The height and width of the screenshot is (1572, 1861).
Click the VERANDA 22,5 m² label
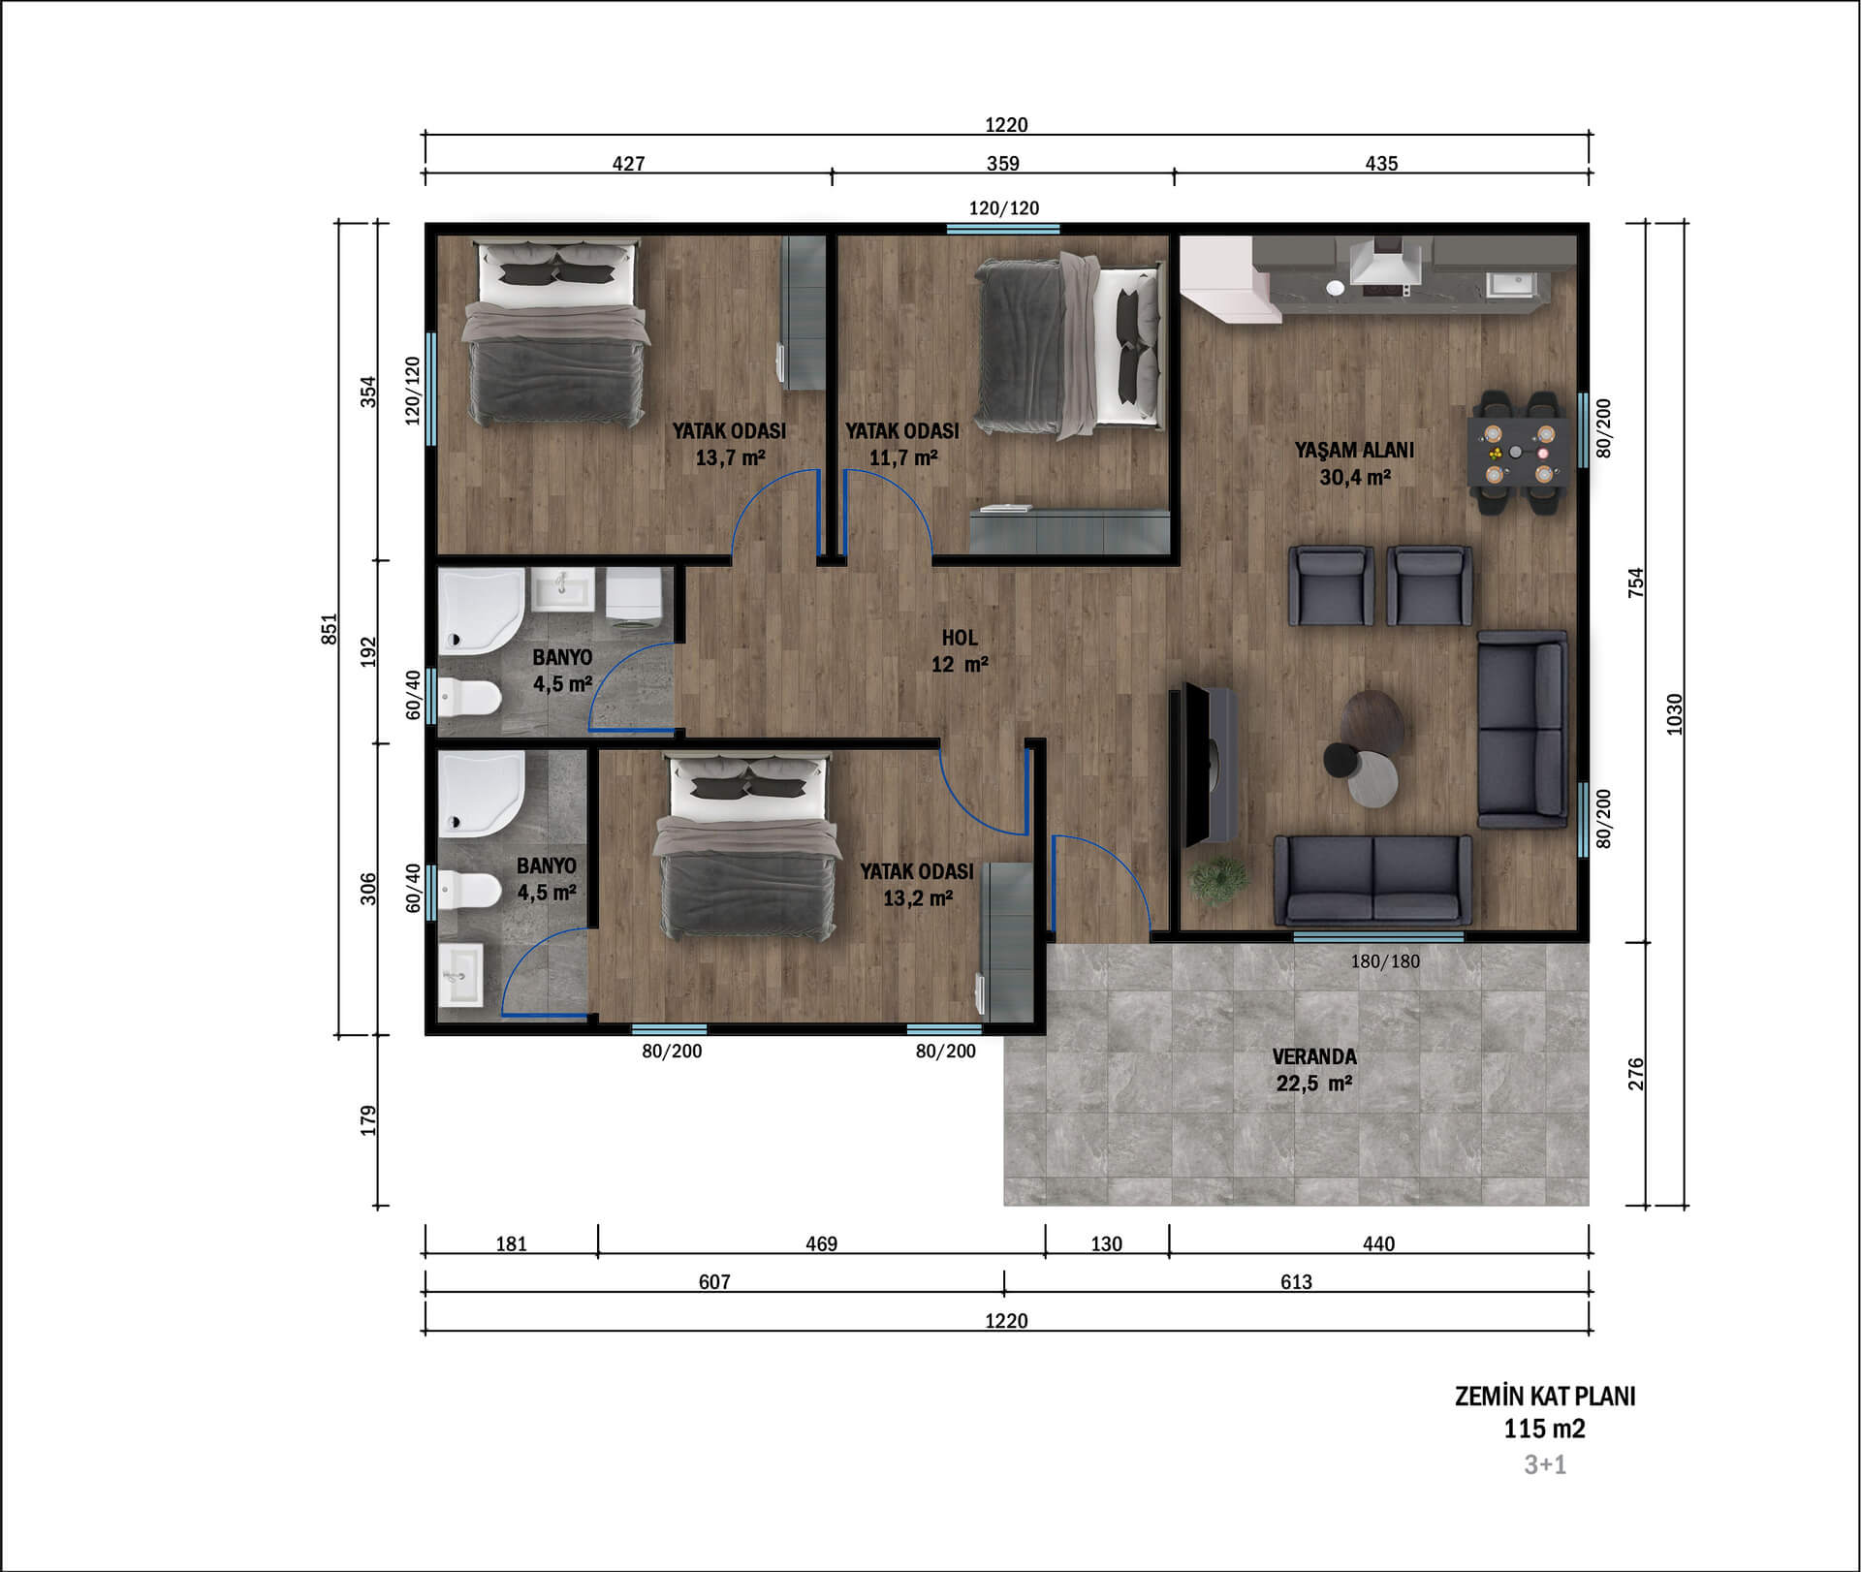(1314, 1070)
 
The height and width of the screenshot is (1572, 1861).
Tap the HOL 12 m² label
(960, 651)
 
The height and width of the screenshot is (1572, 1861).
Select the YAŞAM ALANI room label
(1354, 450)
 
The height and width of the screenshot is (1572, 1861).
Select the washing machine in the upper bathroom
(634, 592)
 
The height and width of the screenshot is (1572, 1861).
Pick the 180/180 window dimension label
(1385, 961)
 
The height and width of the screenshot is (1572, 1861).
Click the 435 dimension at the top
(1381, 164)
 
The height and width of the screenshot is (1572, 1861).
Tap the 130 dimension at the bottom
(1106, 1243)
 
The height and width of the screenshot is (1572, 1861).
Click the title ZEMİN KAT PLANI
(1545, 1397)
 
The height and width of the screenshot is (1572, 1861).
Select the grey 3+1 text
(1545, 1464)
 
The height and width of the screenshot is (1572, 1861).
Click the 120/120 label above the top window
(1004, 207)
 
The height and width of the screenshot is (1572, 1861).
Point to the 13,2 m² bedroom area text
(918, 898)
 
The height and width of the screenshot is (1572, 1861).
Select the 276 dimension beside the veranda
(1636, 1074)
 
